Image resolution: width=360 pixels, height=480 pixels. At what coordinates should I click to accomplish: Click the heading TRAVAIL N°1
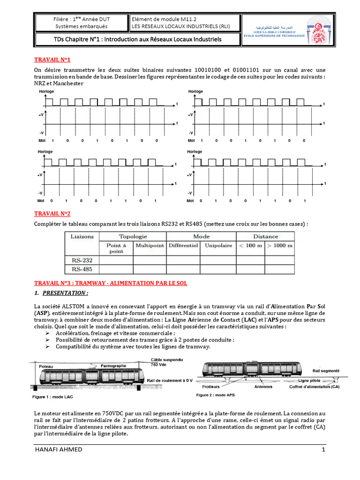point(52,60)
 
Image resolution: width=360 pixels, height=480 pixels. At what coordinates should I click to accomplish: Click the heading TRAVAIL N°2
point(52,214)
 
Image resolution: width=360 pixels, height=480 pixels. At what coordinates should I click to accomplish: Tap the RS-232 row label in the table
point(82,259)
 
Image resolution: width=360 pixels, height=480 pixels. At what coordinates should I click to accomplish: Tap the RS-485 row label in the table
point(82,269)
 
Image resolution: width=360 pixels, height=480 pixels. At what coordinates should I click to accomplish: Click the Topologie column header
point(133,237)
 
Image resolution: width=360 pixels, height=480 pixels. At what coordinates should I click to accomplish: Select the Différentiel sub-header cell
point(183,245)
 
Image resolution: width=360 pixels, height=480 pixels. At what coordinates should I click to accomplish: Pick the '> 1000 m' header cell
point(280,245)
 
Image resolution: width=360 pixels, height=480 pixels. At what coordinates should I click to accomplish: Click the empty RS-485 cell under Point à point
point(116,269)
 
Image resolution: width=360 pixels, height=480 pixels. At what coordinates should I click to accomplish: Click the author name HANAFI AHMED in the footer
point(59,450)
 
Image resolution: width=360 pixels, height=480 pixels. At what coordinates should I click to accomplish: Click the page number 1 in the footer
point(323,450)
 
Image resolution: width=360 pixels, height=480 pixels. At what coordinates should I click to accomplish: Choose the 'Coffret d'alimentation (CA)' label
point(315,387)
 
